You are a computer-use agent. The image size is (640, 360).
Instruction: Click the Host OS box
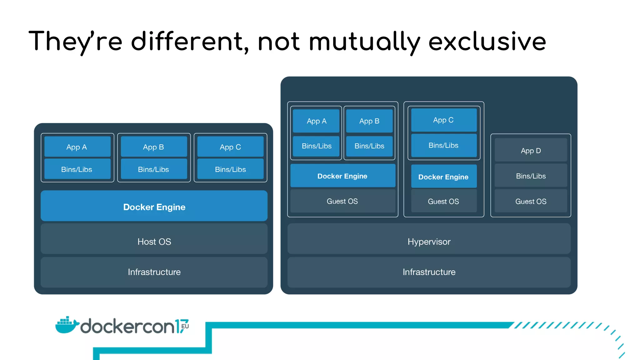[154, 241]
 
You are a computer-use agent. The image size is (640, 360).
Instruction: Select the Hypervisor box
[429, 241]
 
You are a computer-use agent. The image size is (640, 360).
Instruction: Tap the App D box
[531, 151]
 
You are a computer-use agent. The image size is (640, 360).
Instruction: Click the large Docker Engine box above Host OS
[154, 207]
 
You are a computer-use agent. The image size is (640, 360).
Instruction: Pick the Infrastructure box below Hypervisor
[429, 272]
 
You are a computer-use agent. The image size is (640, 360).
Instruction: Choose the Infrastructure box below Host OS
[154, 272]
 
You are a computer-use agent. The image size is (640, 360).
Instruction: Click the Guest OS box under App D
[531, 201]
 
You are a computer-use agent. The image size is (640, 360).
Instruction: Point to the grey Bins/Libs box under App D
[531, 176]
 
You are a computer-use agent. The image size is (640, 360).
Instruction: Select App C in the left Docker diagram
[230, 147]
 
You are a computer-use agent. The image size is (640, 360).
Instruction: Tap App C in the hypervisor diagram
[443, 120]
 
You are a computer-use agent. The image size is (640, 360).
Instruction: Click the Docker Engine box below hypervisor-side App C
[443, 177]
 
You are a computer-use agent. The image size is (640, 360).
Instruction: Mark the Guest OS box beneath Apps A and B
[342, 201]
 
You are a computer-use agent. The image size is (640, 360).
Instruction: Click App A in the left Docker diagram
[77, 147]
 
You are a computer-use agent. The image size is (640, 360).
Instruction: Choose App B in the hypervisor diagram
[369, 121]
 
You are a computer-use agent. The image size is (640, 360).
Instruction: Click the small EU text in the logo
[185, 326]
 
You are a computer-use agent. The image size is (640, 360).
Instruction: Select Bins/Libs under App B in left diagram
[153, 169]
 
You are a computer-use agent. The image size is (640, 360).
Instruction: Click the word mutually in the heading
[364, 42]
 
